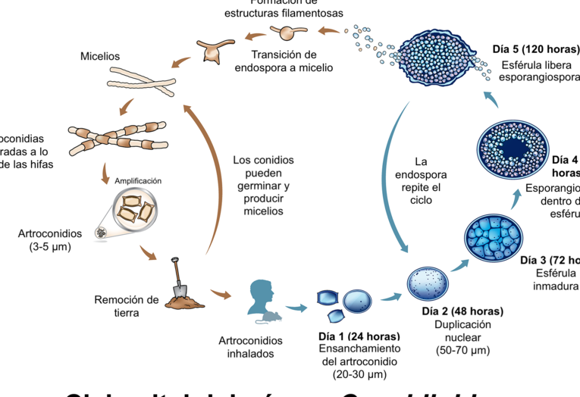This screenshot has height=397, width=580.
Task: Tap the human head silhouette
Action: [x=261, y=296]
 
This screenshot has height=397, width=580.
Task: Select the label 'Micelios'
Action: [x=100, y=57]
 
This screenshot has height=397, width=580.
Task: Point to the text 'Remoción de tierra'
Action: [x=127, y=305]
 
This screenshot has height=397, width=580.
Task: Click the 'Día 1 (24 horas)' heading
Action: [x=359, y=336]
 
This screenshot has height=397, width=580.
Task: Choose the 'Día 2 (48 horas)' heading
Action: [x=462, y=311]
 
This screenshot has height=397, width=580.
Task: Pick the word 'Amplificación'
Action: [x=137, y=181]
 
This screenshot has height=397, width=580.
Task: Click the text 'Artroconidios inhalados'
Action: [x=246, y=347]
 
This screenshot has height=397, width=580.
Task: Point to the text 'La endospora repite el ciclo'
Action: [x=422, y=181]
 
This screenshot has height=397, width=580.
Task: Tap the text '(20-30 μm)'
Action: [x=360, y=374]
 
